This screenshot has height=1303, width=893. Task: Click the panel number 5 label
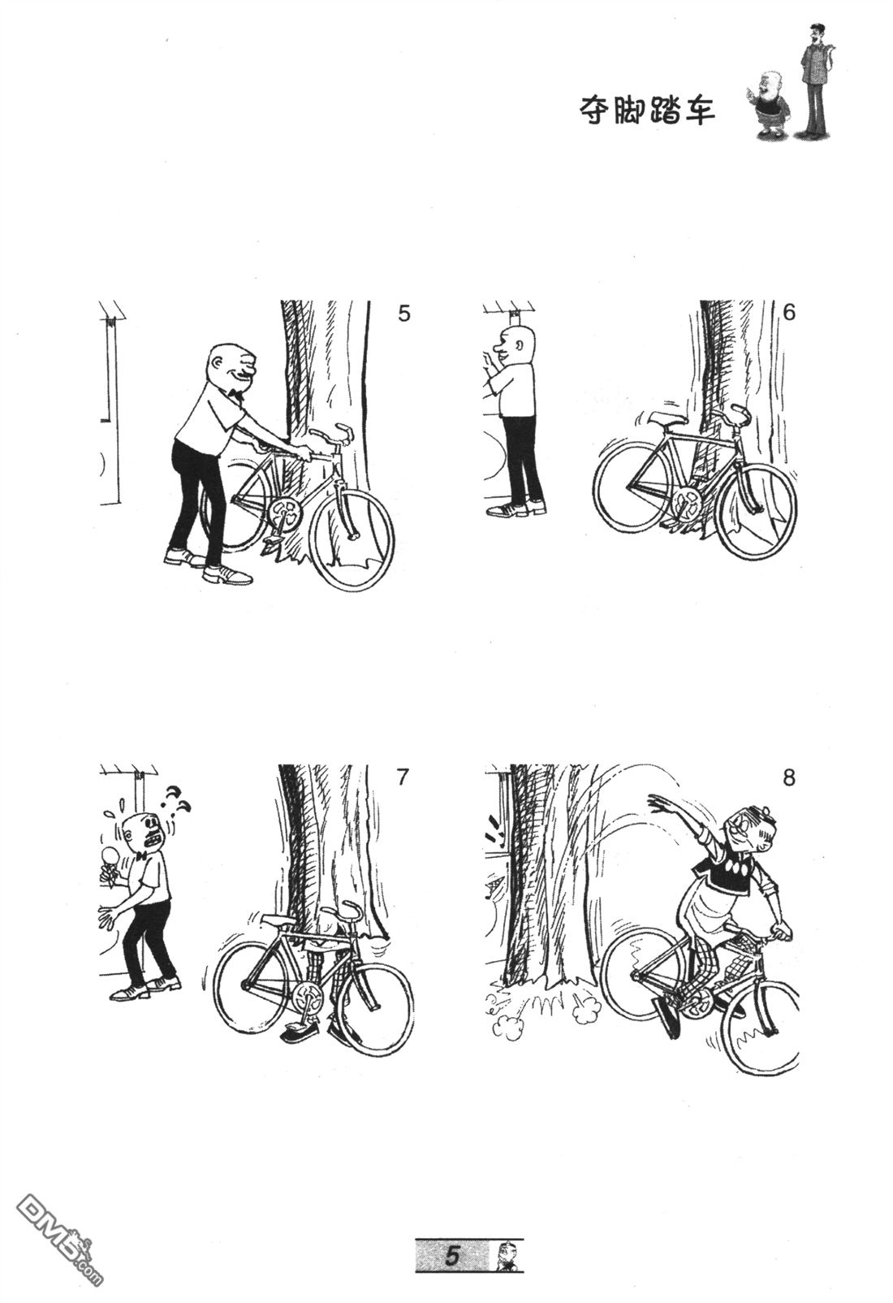(x=403, y=314)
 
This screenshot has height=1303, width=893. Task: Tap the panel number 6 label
(x=788, y=313)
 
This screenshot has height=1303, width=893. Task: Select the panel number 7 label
(x=403, y=777)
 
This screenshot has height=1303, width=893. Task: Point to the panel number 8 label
(x=788, y=777)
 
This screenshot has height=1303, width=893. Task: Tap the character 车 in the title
(x=699, y=110)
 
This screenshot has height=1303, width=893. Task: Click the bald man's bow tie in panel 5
(x=235, y=395)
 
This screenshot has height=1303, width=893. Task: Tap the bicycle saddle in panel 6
(x=668, y=419)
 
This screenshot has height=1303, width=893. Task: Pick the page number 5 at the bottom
(x=451, y=1253)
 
